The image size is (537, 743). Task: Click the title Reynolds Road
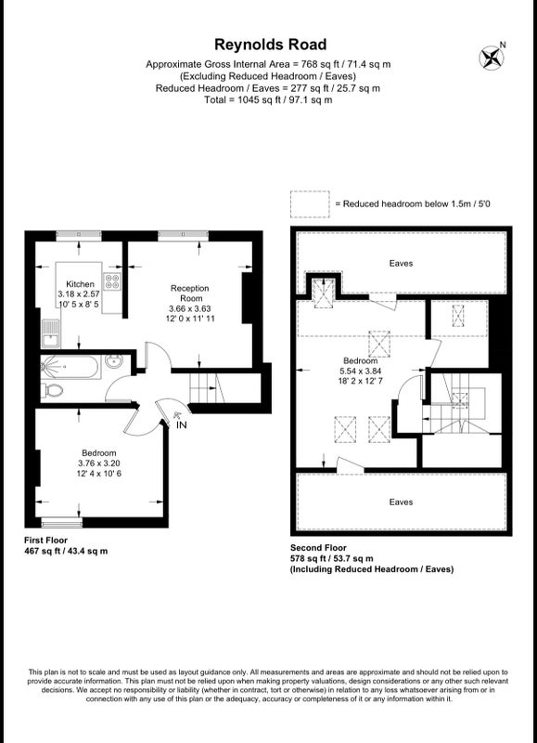270,45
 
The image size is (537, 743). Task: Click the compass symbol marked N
492,57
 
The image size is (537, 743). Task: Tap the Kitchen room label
80,284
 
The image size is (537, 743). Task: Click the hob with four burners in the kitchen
113,281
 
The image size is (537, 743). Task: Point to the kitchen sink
50,332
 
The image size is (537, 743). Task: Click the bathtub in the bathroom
70,367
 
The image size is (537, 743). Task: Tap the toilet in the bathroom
52,390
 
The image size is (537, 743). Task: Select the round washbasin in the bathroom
113,362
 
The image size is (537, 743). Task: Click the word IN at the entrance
181,425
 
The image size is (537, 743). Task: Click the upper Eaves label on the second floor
401,264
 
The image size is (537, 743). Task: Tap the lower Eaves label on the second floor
401,502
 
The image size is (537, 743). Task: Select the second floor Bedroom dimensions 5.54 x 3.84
360,371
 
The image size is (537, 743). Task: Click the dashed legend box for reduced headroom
310,204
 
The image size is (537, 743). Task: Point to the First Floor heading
45,541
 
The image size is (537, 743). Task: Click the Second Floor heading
318,548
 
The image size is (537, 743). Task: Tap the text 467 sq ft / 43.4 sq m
66,551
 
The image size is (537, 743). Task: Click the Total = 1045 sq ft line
268,100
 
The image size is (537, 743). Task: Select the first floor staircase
207,387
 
